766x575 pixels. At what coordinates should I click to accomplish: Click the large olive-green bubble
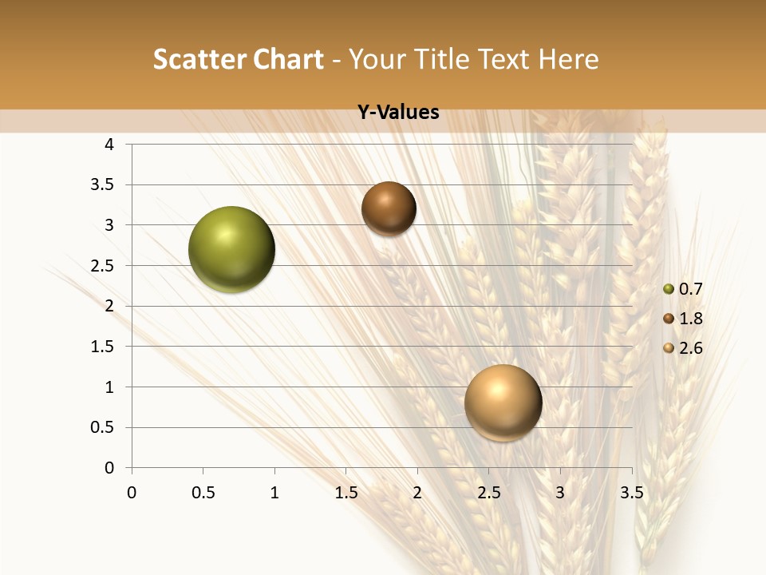tap(232, 249)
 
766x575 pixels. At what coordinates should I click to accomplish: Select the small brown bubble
tap(389, 208)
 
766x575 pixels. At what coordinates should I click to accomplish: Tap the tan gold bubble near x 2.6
tap(503, 402)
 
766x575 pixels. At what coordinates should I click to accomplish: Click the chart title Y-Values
tap(397, 113)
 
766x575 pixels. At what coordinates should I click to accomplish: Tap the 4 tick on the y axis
tap(109, 145)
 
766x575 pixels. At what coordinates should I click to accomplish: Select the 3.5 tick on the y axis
tap(103, 184)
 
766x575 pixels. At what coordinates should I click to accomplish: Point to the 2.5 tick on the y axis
tap(103, 265)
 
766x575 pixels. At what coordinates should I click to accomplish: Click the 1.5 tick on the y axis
tap(103, 347)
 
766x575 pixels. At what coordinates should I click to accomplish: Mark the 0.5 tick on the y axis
tap(103, 427)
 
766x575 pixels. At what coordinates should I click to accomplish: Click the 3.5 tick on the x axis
tap(631, 493)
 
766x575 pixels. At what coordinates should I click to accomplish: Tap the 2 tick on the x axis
tap(417, 493)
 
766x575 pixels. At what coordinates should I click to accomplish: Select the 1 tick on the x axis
tap(274, 493)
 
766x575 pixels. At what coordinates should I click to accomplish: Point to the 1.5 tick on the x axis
tap(345, 493)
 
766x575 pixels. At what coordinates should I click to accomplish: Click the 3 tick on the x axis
tap(560, 493)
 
